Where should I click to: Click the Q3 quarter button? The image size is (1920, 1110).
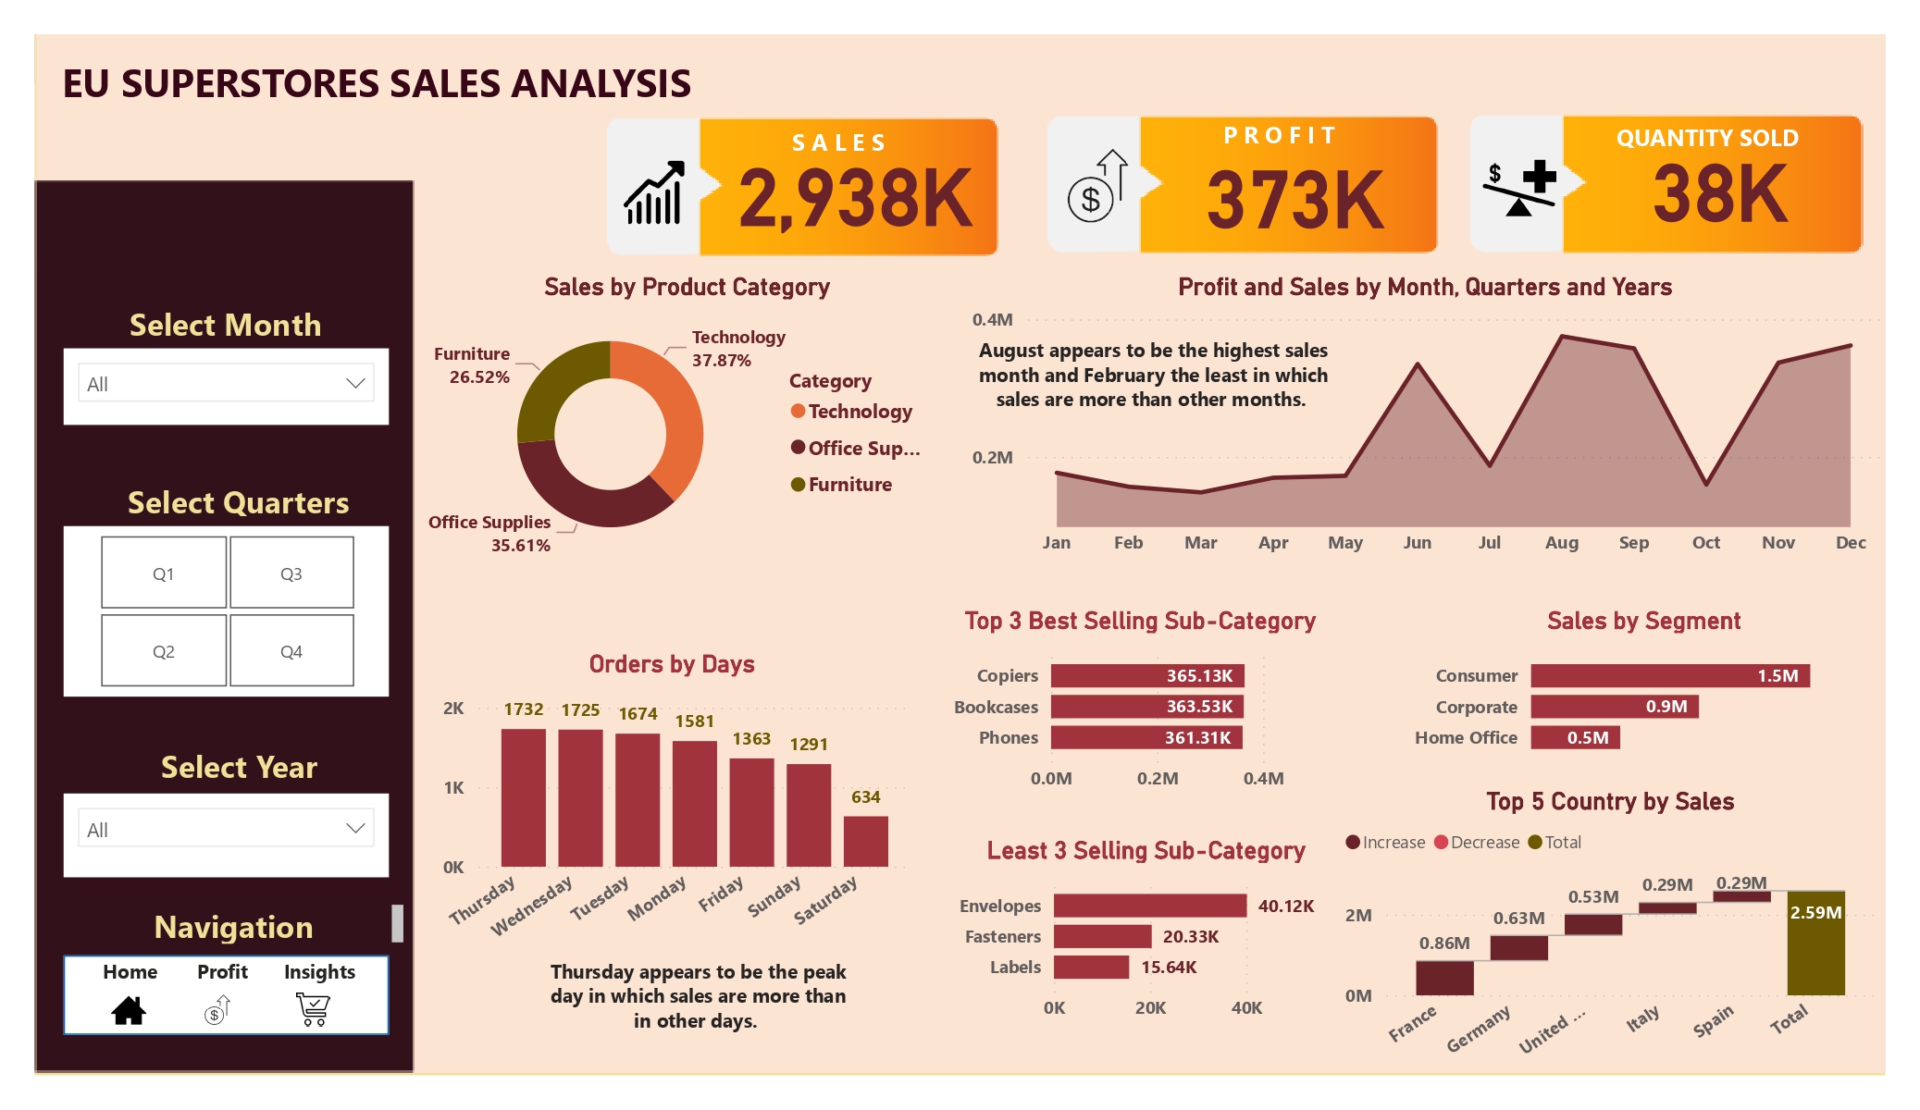(x=291, y=573)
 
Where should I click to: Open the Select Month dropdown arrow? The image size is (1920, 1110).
(x=354, y=383)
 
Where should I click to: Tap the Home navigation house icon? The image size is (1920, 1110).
(x=129, y=1010)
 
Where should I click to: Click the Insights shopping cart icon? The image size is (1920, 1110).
(x=313, y=1008)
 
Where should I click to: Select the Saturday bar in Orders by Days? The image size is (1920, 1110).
(x=865, y=841)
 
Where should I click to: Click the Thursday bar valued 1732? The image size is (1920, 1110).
(x=523, y=797)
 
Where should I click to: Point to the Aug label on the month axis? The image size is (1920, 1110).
(x=1561, y=543)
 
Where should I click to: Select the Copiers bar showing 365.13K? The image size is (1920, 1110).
(x=1146, y=676)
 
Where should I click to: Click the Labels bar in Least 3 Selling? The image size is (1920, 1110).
(x=1091, y=968)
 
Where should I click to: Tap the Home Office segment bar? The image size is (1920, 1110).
(x=1575, y=738)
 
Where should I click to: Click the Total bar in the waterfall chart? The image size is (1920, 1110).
(x=1815, y=943)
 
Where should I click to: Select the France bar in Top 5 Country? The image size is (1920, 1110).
(x=1443, y=978)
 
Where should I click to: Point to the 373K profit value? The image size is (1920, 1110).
(x=1294, y=200)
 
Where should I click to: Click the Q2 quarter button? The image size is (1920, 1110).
(x=164, y=651)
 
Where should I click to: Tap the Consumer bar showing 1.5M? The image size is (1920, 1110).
(x=1669, y=676)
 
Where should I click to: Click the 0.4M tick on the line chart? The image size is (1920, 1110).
(x=992, y=320)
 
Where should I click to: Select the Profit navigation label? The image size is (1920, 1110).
(x=222, y=972)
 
